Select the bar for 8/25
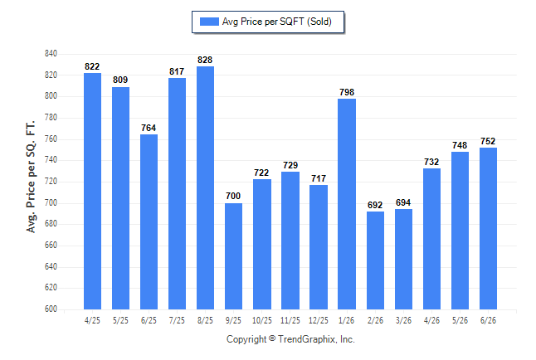(205, 187)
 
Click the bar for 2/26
(375, 260)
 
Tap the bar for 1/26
(347, 204)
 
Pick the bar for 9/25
(233, 256)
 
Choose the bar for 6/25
(149, 221)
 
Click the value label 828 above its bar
(205, 60)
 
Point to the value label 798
(347, 92)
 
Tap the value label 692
(375, 205)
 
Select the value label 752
(488, 141)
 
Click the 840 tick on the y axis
(51, 54)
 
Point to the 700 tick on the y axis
(51, 202)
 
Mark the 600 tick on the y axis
(51, 309)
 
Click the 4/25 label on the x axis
(92, 320)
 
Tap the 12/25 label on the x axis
(319, 320)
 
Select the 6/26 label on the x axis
(488, 320)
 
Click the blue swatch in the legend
(209, 22)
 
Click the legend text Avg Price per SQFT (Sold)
(277, 22)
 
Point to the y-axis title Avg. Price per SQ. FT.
(31, 177)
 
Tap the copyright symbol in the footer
(272, 338)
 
